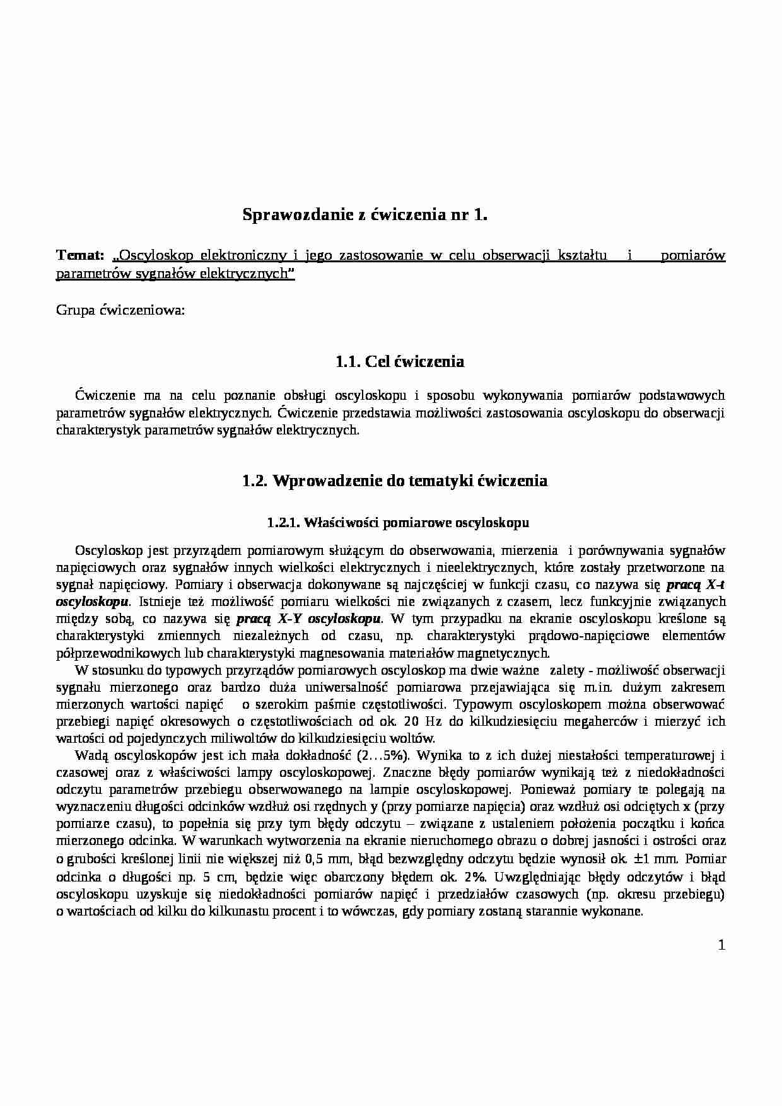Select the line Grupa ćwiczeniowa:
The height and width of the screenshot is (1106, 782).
pos(120,310)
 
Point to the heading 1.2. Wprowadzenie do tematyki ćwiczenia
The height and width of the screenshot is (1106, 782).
pos(395,480)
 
